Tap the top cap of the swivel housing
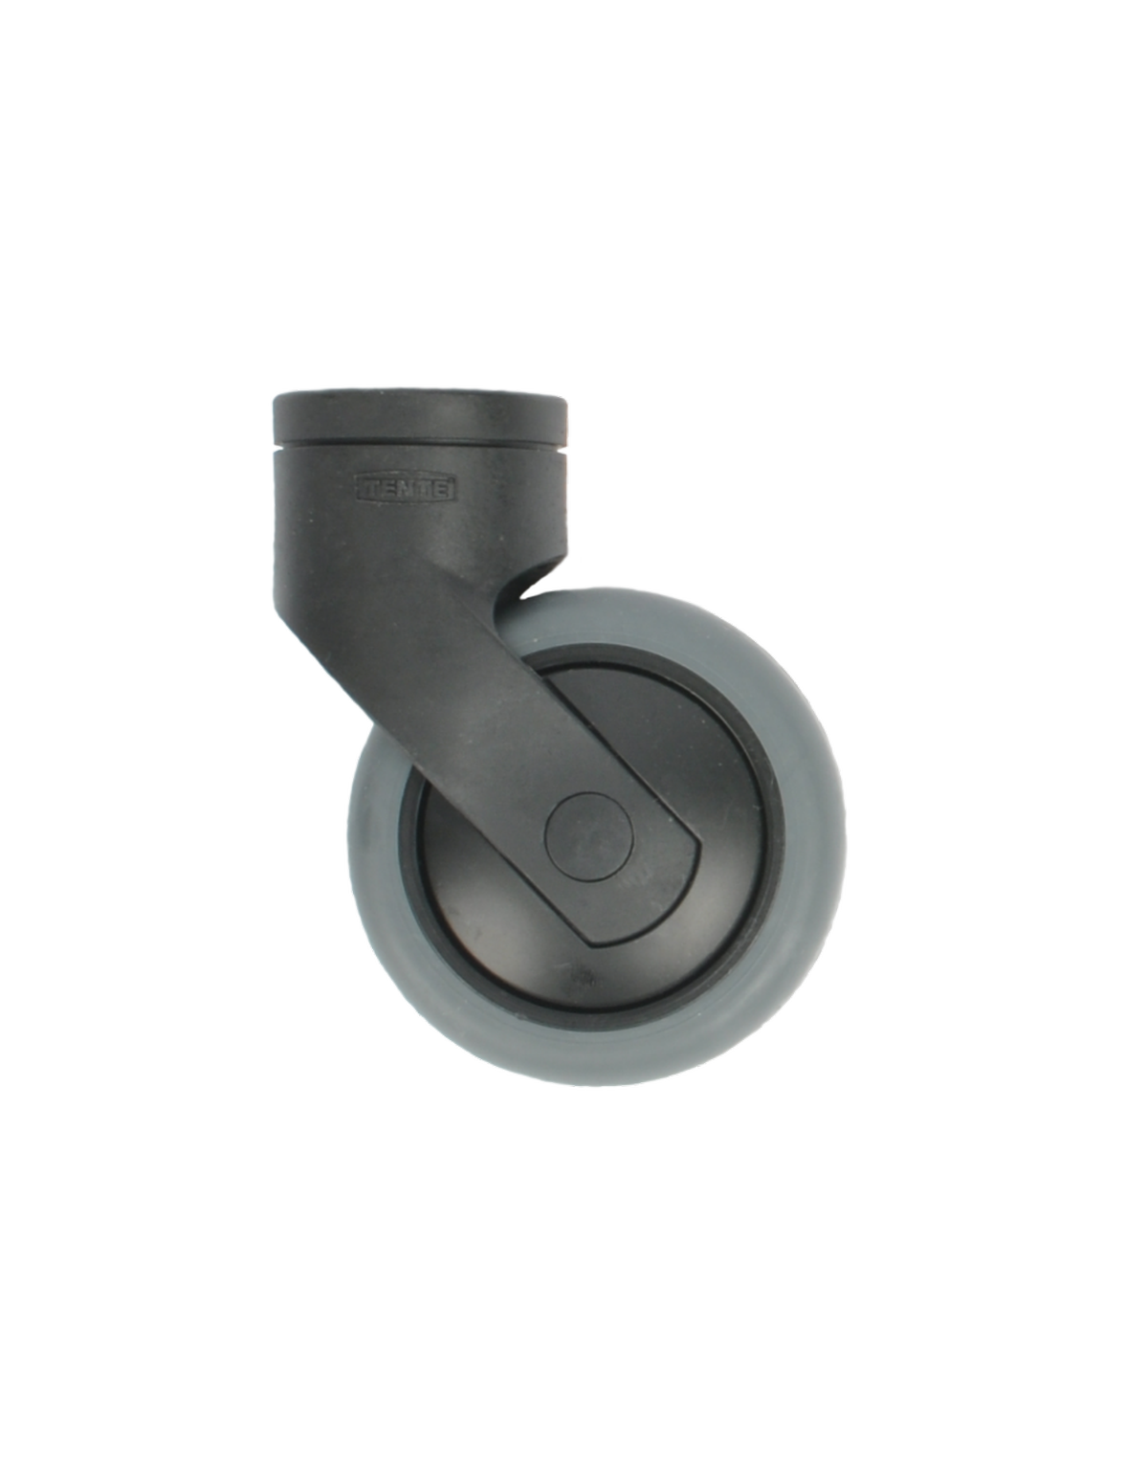click(418, 412)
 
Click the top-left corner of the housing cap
click(270, 393)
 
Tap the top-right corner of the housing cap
click(566, 393)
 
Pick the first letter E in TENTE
click(389, 489)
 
